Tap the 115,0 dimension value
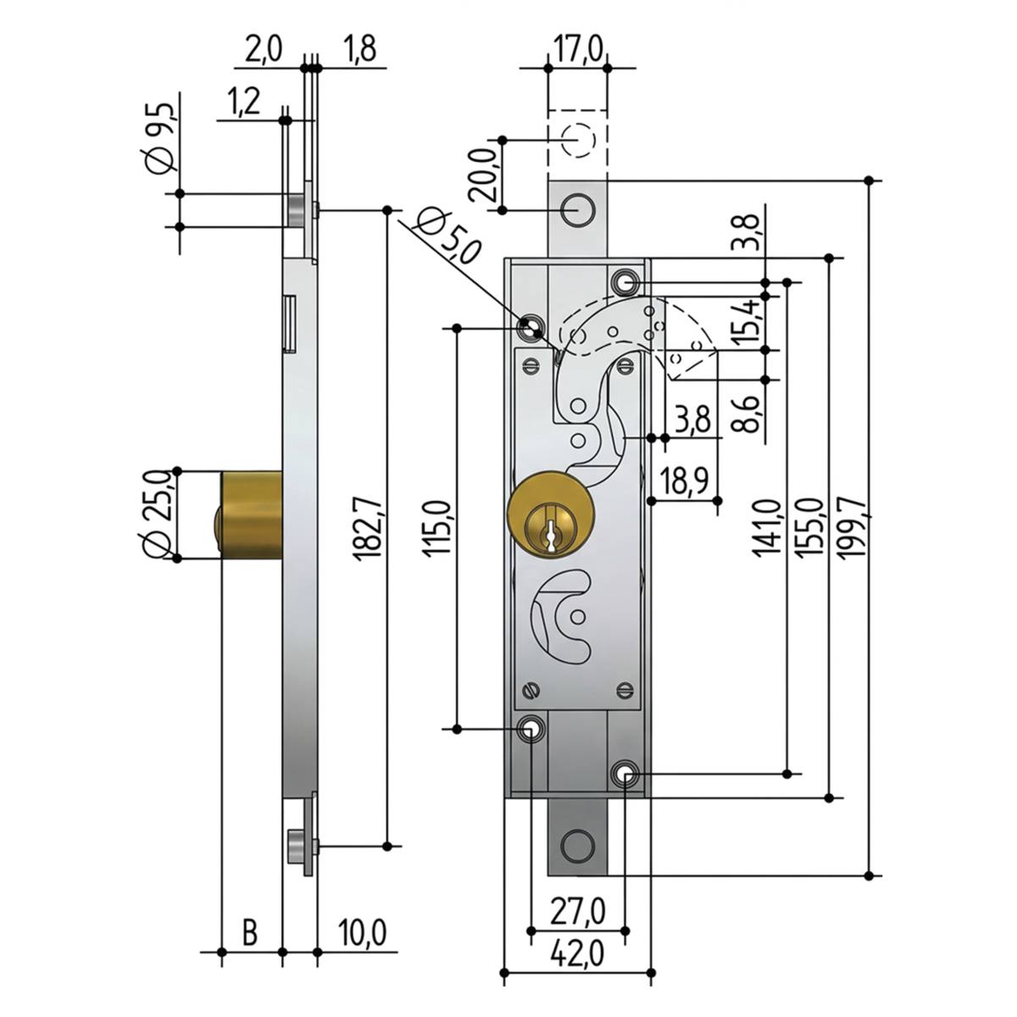click(x=437, y=527)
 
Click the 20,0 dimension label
click(x=483, y=175)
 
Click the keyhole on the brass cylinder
click(x=549, y=529)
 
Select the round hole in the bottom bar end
click(x=577, y=847)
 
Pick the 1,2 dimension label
click(x=244, y=102)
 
